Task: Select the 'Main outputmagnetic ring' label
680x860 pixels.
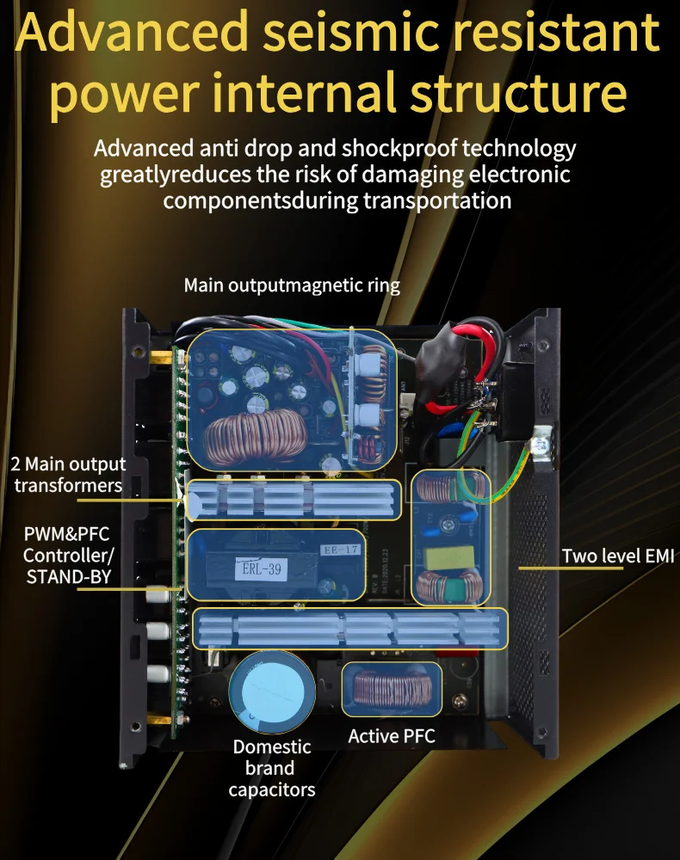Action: click(x=292, y=286)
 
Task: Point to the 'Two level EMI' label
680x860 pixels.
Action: click(x=618, y=556)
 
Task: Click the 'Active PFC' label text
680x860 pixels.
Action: click(x=392, y=736)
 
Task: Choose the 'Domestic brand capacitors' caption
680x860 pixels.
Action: click(x=272, y=768)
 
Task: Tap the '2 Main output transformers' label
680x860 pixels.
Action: click(x=68, y=475)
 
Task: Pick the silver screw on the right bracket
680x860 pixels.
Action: click(x=540, y=445)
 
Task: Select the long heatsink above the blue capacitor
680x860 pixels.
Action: click(x=349, y=629)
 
